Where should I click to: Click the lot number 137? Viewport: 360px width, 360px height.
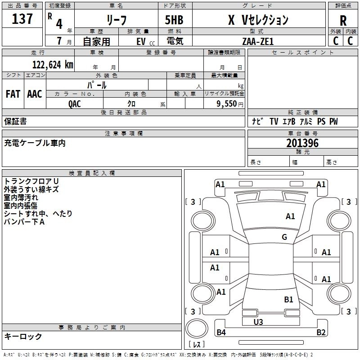22,20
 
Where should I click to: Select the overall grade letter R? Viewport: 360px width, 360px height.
343,21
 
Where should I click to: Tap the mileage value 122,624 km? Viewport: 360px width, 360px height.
53,65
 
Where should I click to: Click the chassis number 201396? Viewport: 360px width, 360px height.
302,143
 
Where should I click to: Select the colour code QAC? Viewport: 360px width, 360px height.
75,103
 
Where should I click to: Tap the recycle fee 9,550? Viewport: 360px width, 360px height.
227,104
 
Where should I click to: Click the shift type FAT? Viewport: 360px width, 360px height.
13,94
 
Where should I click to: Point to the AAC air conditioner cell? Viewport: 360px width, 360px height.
34,94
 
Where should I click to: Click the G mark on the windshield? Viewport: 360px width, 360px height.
284,237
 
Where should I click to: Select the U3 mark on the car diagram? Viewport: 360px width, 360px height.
258,322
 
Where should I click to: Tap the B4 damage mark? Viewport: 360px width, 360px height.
221,333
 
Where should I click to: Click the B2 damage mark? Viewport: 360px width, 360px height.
320,333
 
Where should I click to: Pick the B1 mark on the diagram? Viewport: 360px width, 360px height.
288,299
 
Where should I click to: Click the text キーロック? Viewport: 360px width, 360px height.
23,336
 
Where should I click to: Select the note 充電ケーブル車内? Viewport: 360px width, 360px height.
35,143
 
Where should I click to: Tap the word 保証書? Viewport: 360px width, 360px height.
15,121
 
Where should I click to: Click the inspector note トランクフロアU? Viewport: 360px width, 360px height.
31,181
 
